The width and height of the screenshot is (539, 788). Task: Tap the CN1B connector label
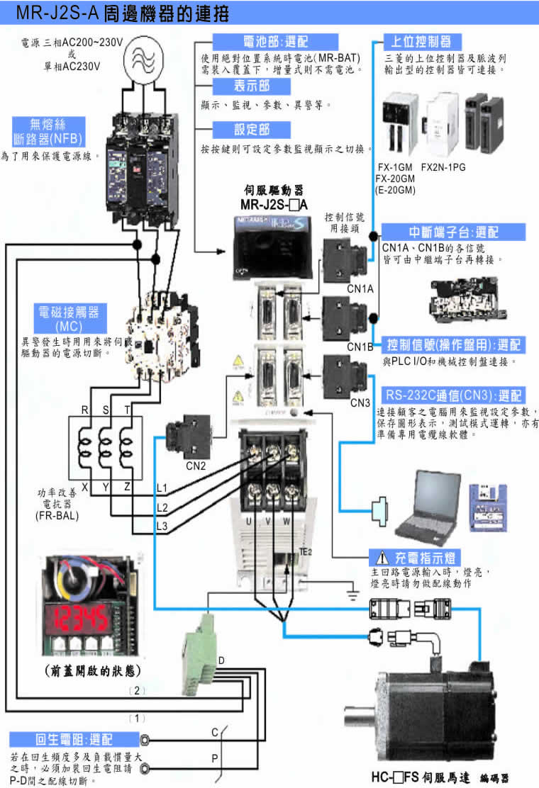click(360, 347)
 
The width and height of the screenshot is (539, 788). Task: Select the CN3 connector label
click(360, 403)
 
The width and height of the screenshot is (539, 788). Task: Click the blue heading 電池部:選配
click(252, 40)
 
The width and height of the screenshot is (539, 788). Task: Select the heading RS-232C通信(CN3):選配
click(453, 395)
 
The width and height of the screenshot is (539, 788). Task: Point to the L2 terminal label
click(162, 508)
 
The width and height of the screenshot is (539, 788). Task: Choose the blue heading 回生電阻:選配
click(71, 739)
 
